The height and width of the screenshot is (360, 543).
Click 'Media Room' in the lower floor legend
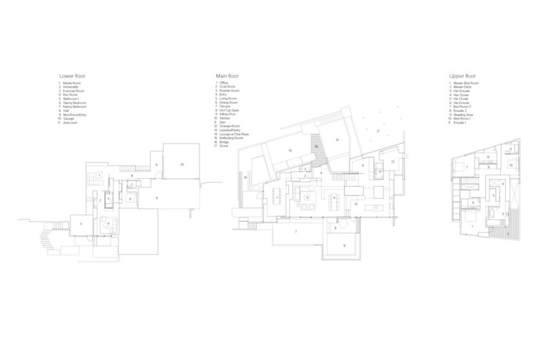coord(71,83)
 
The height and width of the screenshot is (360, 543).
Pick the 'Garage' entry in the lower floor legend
coord(69,118)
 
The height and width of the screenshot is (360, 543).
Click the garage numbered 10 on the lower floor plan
coord(182,164)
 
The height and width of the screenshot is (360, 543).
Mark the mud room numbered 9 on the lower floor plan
coord(155,164)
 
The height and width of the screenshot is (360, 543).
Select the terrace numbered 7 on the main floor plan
coord(296,232)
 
